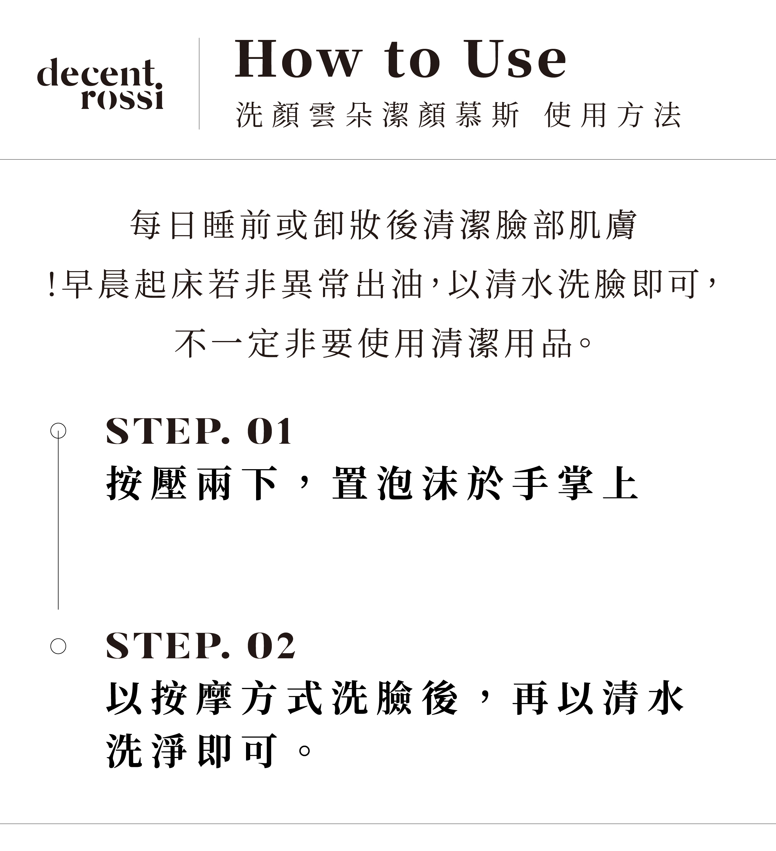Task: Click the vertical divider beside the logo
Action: click(199, 83)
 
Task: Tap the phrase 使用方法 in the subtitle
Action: click(613, 115)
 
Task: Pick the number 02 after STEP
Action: click(271, 646)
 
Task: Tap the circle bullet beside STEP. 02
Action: click(58, 646)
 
